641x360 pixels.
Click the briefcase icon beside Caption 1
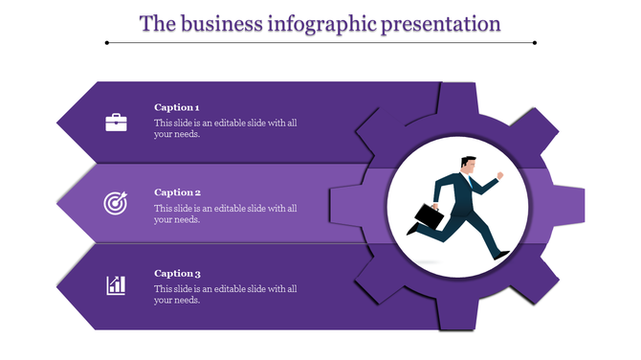click(116, 122)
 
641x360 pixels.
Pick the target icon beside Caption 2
click(116, 203)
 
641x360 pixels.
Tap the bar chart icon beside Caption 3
click(116, 284)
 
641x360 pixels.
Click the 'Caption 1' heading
click(177, 107)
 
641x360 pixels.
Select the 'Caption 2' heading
click(177, 191)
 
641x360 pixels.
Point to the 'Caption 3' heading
click(177, 273)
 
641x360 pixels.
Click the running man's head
click(466, 165)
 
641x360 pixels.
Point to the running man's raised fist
click(499, 175)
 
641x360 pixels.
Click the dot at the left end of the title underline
click(108, 42)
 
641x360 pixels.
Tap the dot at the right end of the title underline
click(534, 42)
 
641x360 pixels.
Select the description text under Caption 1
click(226, 128)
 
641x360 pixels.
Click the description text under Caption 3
click(226, 294)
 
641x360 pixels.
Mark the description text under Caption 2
click(226, 213)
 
